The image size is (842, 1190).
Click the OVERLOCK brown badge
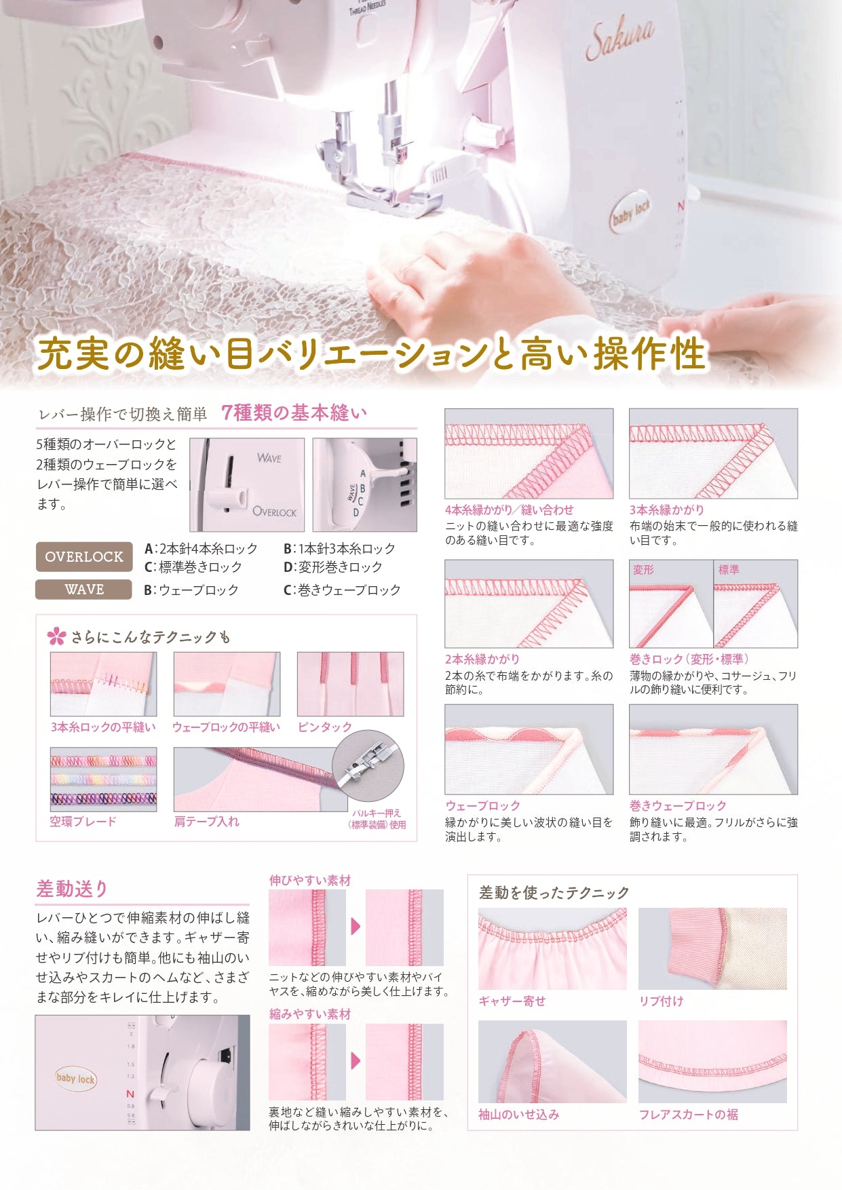[x=84, y=557]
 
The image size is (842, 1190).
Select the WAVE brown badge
[x=83, y=590]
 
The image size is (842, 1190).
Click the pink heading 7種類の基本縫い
[x=294, y=413]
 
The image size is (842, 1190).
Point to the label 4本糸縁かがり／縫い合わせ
[x=509, y=510]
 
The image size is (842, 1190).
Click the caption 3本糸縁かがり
[x=666, y=510]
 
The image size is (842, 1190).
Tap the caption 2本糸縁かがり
[x=482, y=659]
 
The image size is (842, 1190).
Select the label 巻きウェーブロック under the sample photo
[x=677, y=805]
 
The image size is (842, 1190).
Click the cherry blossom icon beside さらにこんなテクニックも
[x=56, y=636]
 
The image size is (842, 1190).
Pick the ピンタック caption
[x=325, y=727]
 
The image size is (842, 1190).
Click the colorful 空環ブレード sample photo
[x=103, y=779]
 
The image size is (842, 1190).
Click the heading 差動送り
[x=72, y=889]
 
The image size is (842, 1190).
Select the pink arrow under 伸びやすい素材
[x=356, y=927]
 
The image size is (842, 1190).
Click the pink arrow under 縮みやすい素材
[x=356, y=1060]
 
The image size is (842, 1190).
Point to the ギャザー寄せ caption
[x=512, y=1001]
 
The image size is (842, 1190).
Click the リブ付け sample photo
[x=712, y=948]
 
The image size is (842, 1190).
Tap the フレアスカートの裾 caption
[x=688, y=1114]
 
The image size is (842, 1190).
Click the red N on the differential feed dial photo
[x=130, y=1094]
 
